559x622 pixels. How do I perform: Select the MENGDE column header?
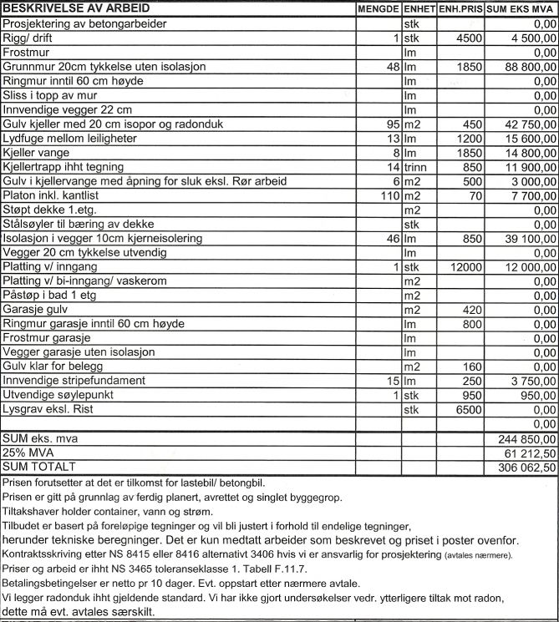pyautogui.click(x=378, y=9)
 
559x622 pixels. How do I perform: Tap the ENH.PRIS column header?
pyautogui.click(x=460, y=9)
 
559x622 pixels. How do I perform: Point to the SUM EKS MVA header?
pyautogui.click(x=521, y=9)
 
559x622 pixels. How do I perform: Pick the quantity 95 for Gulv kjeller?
pyautogui.click(x=391, y=124)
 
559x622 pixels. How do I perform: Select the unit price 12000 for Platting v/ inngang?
pyautogui.click(x=465, y=266)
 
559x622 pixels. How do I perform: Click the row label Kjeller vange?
pyautogui.click(x=37, y=153)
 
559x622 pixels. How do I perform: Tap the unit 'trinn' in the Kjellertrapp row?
pyautogui.click(x=415, y=167)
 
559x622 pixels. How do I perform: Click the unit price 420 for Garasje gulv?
pyautogui.click(x=471, y=310)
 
